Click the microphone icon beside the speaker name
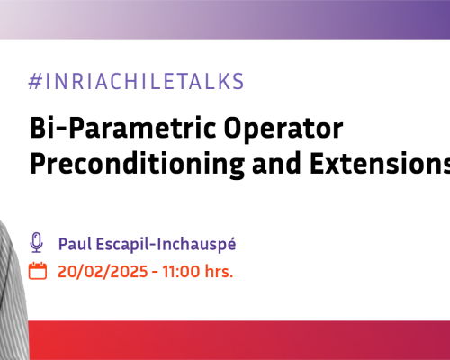(x=37, y=218)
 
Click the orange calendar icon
(x=37, y=246)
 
